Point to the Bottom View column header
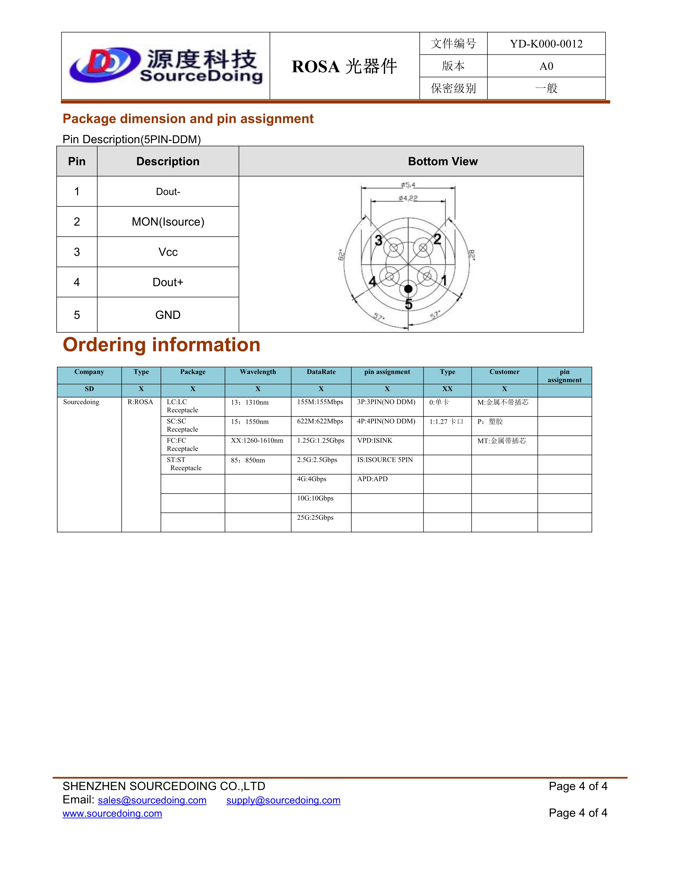pos(442,161)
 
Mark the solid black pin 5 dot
pos(408,289)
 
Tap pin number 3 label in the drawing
pos(378,240)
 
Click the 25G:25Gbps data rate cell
pos(315,517)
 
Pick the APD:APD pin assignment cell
pos(372,479)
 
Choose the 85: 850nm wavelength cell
pos(248,460)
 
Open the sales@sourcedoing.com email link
pos(152,800)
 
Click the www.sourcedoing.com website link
pos(112,813)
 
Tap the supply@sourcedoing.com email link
pos(283,800)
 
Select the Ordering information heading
pos(161,345)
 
